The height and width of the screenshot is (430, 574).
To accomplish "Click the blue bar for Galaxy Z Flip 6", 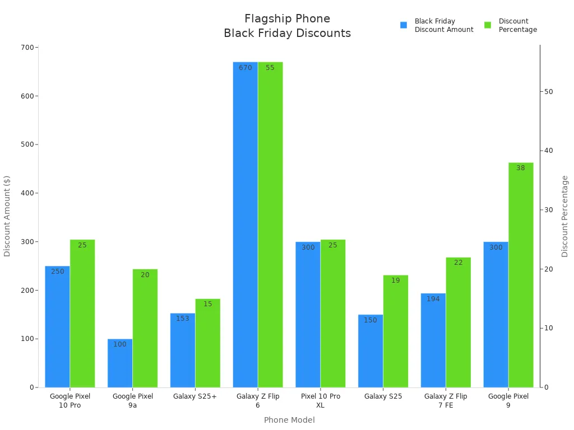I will (x=246, y=224).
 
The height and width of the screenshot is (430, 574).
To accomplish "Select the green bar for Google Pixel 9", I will (x=521, y=274).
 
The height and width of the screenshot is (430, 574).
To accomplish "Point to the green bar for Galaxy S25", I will (x=396, y=331).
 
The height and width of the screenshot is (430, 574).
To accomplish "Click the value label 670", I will (x=246, y=68).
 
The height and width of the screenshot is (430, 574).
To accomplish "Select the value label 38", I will (x=521, y=168).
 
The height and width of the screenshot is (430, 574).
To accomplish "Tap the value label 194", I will (x=433, y=299).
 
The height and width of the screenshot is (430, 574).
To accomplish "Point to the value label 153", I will (x=183, y=319).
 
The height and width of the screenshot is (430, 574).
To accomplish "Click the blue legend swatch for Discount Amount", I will (x=404, y=25).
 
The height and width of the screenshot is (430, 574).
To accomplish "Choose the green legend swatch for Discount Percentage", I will (x=488, y=25).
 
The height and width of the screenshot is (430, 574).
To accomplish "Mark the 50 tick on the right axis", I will (x=549, y=92).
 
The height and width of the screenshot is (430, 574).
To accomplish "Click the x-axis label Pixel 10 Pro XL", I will (x=321, y=400).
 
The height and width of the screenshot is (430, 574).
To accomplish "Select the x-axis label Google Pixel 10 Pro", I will (x=70, y=400).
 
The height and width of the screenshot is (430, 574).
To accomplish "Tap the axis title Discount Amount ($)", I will (x=7, y=216).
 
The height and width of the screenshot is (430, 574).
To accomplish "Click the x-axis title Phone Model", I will (x=289, y=420).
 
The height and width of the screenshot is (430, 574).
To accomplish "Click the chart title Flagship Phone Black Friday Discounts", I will (x=287, y=26).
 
